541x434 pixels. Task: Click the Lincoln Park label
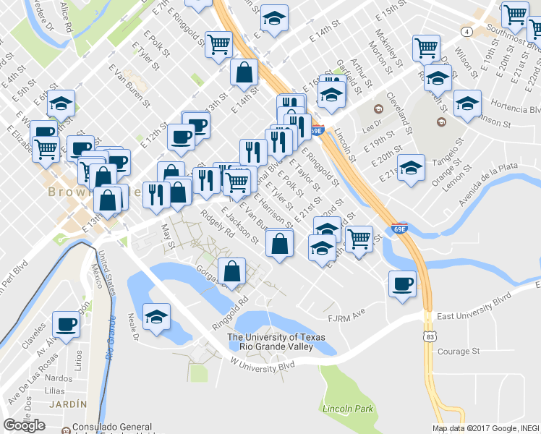point(349,409)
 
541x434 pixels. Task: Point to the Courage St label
point(459,352)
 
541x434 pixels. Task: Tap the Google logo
point(24,425)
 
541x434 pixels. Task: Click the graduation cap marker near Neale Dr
point(156,317)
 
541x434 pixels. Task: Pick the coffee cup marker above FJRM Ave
point(401,283)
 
